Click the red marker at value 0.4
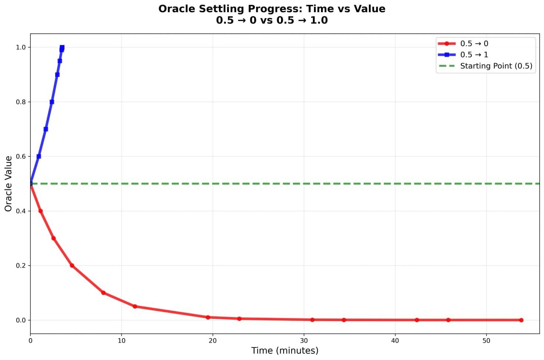40,211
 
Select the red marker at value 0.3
53,238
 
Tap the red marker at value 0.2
72,266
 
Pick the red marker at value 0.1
103,293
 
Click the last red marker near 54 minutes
521,320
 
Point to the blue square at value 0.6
39,157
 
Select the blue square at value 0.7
46,129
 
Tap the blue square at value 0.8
52,102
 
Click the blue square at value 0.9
57,75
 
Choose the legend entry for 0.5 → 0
474,44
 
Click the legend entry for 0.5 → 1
474,55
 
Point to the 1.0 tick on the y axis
21,47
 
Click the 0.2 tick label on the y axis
21,266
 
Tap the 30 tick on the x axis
304,341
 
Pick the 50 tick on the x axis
486,341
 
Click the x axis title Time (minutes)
284,350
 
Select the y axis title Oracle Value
9,184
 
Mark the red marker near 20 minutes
208,317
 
